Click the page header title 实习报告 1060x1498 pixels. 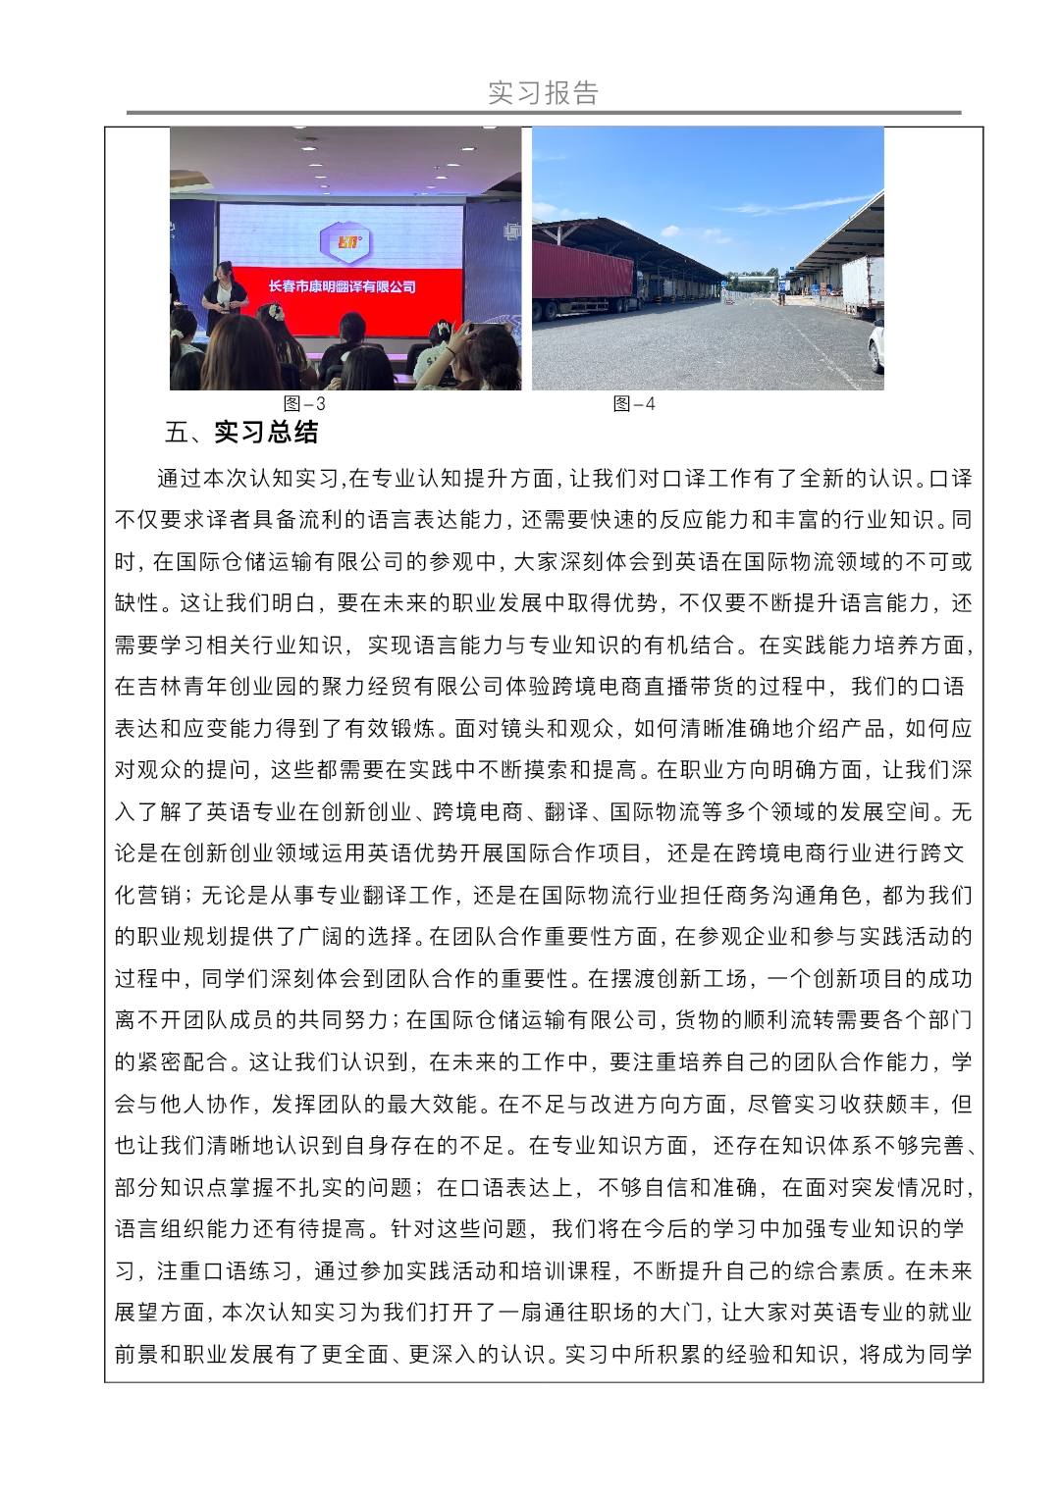(543, 93)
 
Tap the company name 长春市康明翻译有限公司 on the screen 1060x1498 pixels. (342, 286)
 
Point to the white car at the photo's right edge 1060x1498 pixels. (875, 348)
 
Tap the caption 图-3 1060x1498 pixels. (304, 404)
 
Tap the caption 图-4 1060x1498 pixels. (634, 404)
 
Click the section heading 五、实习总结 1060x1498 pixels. (241, 433)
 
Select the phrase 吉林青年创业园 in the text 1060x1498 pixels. (216, 687)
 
